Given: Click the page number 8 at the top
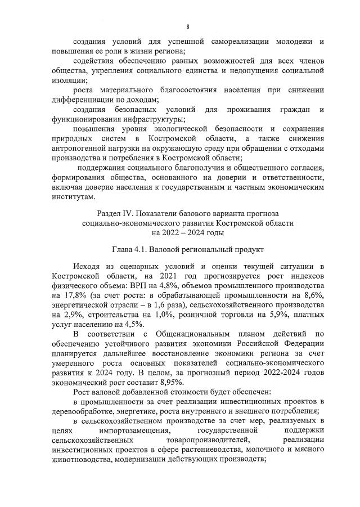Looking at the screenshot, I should [x=188, y=26].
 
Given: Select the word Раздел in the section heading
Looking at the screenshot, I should [x=109, y=214].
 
